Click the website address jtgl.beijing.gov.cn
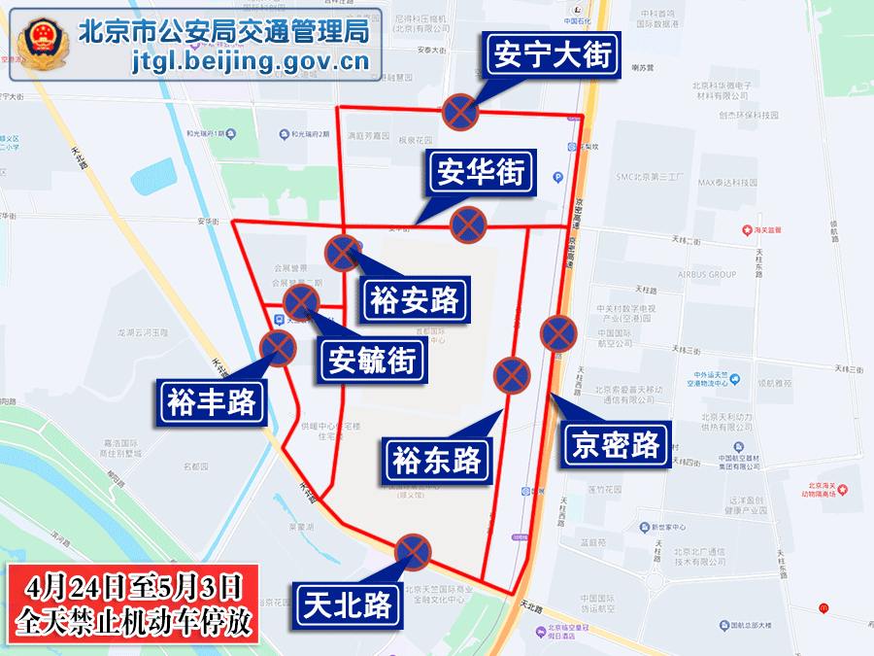coord(251,62)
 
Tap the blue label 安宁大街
coord(553,55)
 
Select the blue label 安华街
coord(482,174)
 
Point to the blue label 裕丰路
coord(212,400)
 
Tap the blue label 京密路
coord(617,444)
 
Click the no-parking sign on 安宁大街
coord(460,112)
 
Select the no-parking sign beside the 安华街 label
coord(468,225)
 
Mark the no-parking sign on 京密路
coord(558,333)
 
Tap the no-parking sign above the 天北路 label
coord(413,551)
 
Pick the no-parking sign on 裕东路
coord(511,375)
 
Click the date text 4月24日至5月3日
coord(133,586)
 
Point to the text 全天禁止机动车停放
coord(133,620)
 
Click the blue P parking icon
coord(557,177)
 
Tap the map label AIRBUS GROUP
coord(707,275)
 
